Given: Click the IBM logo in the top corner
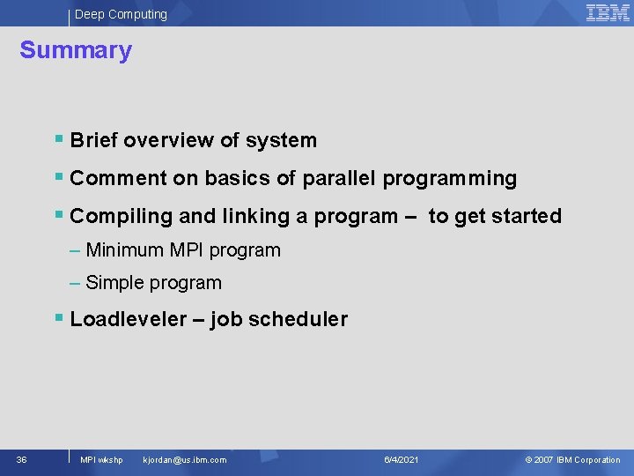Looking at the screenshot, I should point(608,12).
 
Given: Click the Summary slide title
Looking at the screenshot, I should point(76,50).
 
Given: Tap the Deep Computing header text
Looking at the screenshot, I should point(121,14).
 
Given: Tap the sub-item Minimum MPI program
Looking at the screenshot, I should point(183,250).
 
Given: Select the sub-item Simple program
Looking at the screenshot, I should point(153,283).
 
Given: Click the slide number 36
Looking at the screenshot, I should point(22,459).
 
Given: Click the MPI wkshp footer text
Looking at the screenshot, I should point(101,459).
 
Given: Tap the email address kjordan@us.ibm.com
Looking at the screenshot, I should point(184,459).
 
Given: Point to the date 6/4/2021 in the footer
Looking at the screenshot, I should point(402,459).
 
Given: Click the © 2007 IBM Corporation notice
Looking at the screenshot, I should point(572,459).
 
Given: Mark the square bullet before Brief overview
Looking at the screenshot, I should point(58,138).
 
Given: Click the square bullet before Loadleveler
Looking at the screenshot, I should point(58,317).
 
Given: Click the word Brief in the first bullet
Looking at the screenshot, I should point(93,140).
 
